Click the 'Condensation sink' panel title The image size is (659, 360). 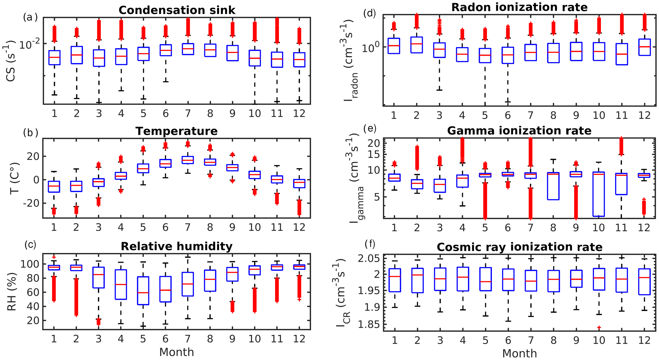[177, 10]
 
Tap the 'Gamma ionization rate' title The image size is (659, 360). [519, 131]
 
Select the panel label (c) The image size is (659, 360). [30, 245]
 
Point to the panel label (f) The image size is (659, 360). [370, 244]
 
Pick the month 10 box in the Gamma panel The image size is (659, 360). [599, 194]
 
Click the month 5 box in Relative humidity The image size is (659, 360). [143, 291]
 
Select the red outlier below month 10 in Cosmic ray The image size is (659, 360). [599, 328]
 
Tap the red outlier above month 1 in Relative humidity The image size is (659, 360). [54, 257]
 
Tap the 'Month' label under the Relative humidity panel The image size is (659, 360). [176, 352]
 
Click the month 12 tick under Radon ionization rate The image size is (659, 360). [644, 115]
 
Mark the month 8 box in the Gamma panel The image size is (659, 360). [553, 186]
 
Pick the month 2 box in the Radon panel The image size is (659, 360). [416, 45]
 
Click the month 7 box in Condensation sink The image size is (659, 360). [187, 49]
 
